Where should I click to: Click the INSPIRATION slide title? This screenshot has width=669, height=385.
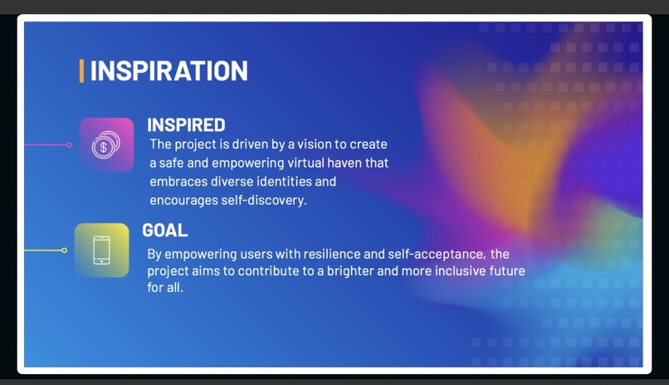click(x=168, y=71)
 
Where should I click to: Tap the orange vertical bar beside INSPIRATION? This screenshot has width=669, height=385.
click(x=81, y=71)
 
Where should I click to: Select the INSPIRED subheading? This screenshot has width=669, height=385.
click(x=186, y=125)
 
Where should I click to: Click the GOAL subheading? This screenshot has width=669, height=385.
click(x=165, y=231)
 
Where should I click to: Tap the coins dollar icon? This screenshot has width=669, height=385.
click(x=106, y=144)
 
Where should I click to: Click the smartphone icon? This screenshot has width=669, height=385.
click(x=101, y=250)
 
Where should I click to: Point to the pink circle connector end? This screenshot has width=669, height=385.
click(x=69, y=144)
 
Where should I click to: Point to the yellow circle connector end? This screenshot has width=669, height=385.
click(x=64, y=250)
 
